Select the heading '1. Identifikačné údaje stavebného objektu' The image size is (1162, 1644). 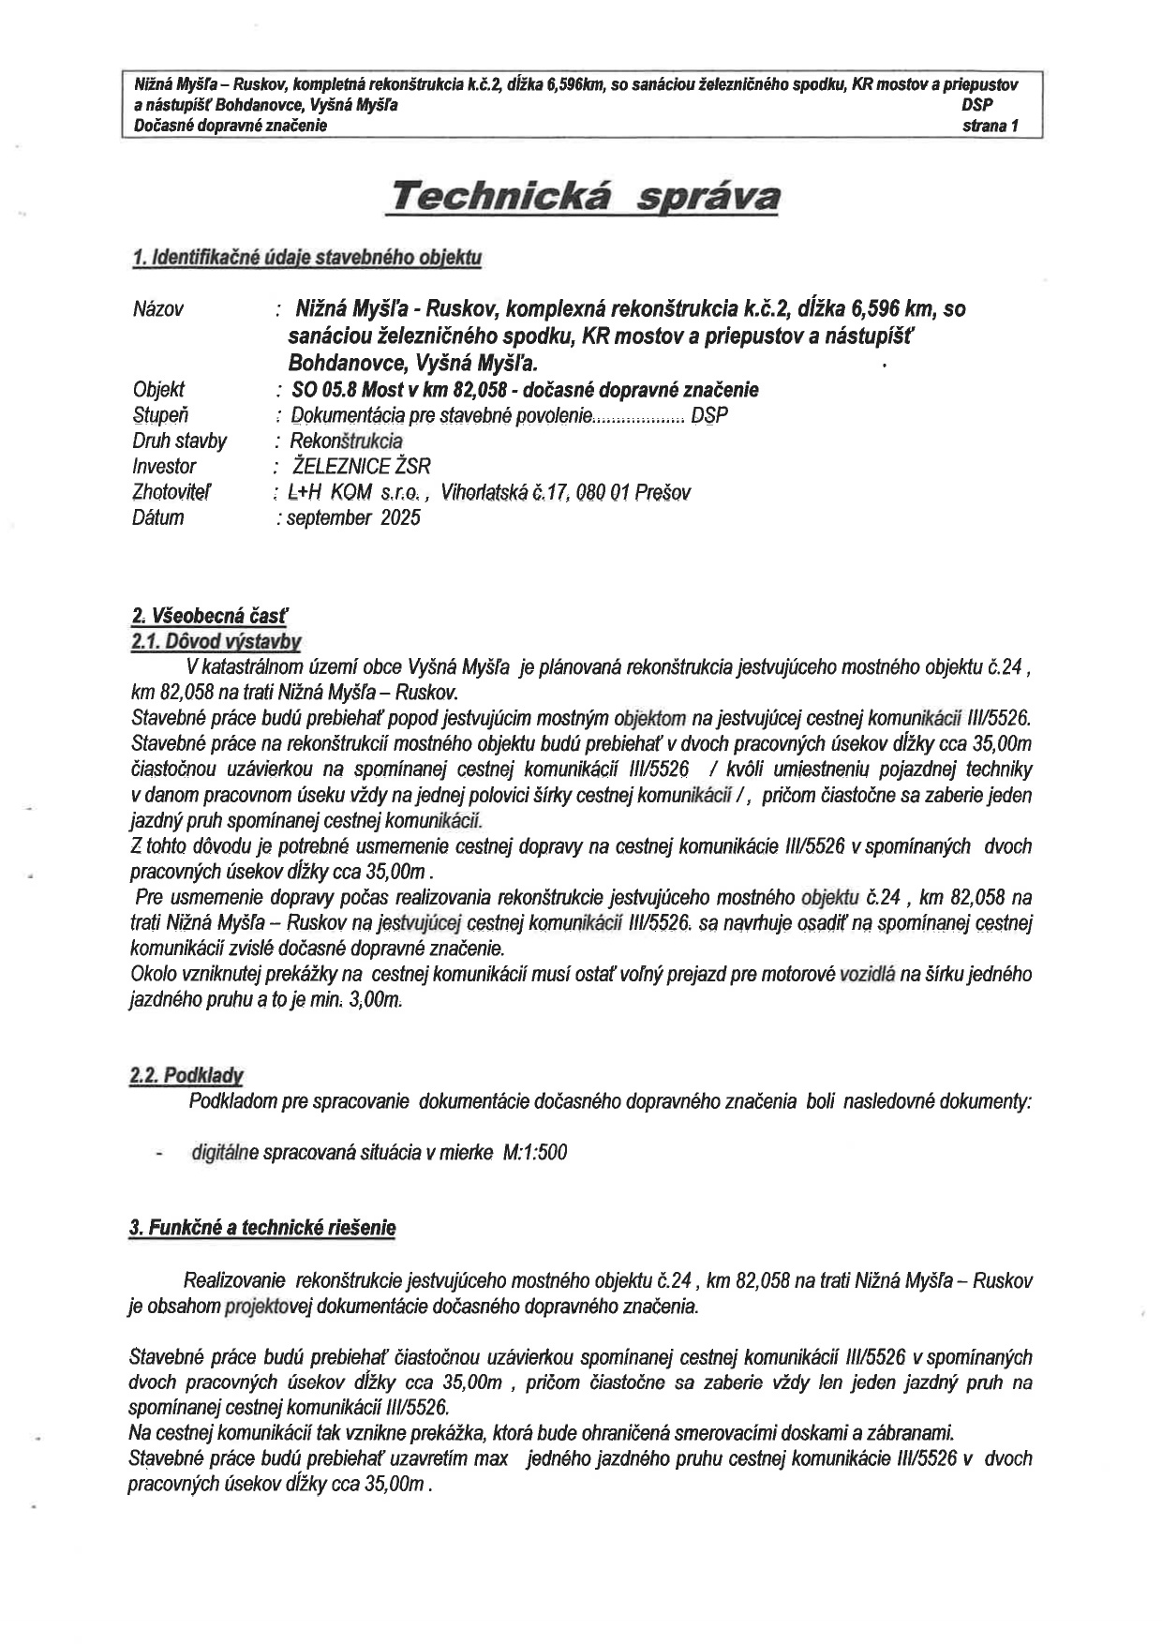tap(307, 258)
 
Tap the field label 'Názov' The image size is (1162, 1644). tap(158, 309)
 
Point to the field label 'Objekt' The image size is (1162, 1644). tap(158, 390)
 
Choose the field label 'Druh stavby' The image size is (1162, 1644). tap(179, 441)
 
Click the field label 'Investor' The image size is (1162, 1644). tap(164, 467)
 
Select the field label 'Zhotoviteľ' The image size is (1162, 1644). tap(171, 492)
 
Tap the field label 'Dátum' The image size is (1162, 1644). tap(157, 517)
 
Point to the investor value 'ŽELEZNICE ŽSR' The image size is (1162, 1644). tap(362, 467)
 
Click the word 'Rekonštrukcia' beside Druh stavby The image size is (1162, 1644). tap(346, 441)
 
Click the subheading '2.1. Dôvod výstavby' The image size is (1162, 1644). tap(216, 641)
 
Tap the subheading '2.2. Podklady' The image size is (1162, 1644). tap(186, 1076)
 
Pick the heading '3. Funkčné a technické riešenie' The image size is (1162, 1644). tap(262, 1228)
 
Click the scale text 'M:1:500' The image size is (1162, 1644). tap(535, 1153)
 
